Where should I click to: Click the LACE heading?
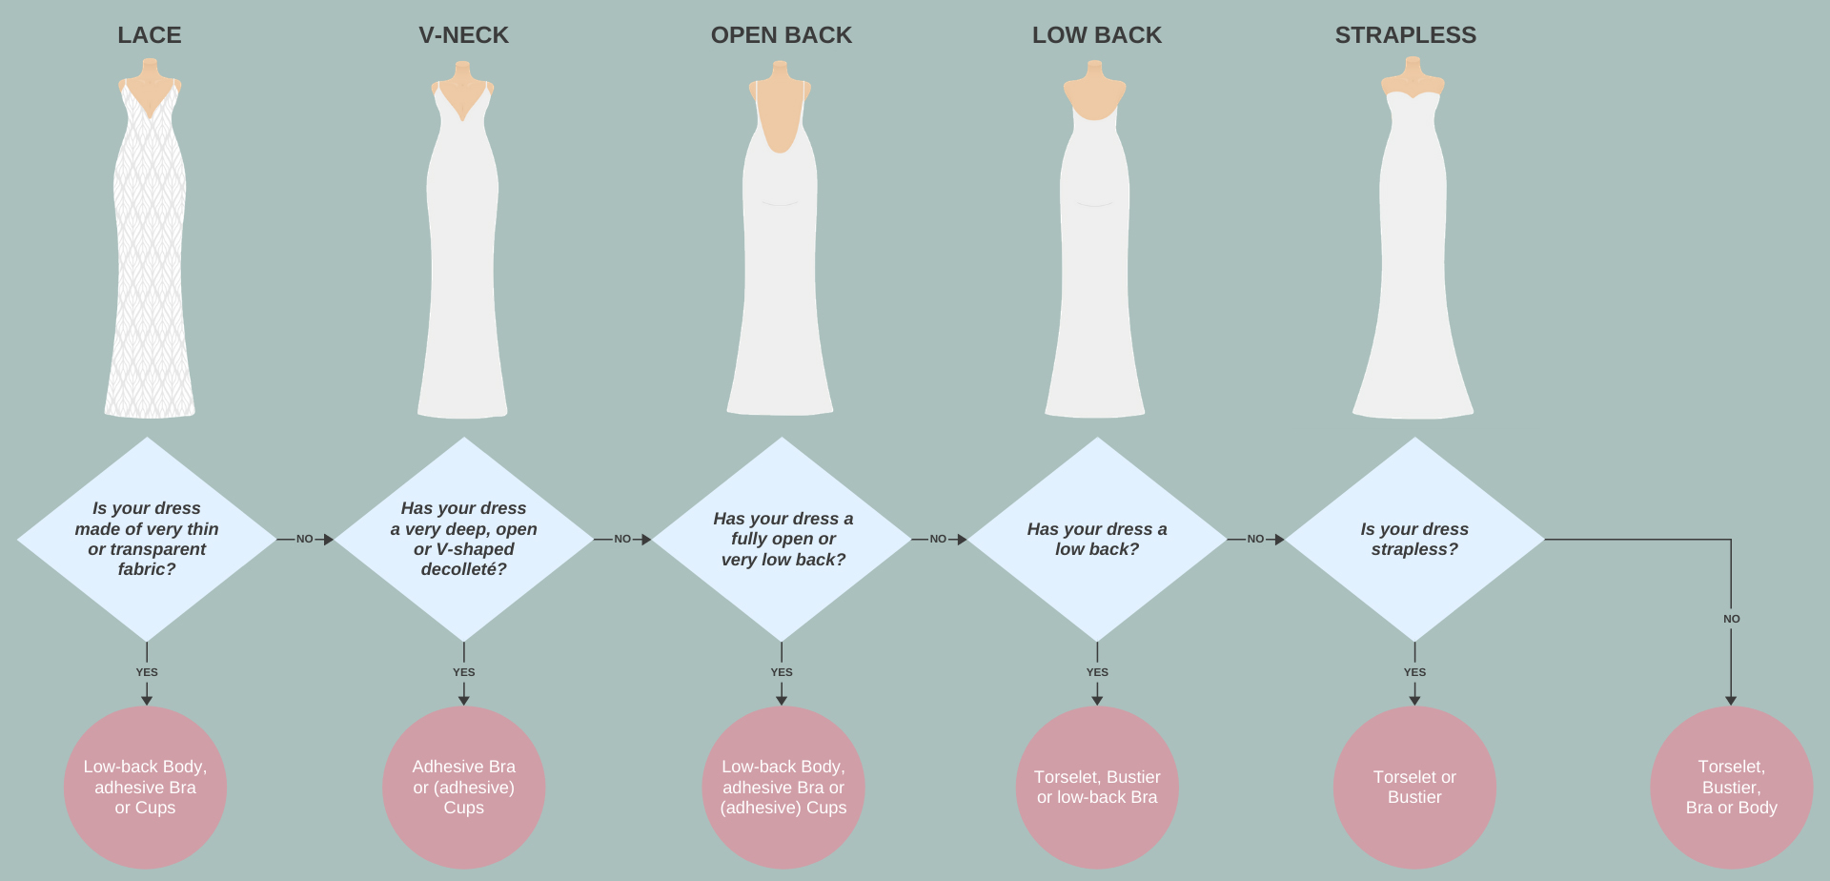[x=150, y=35]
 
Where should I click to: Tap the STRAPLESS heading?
[x=1405, y=35]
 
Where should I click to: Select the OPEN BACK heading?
[x=781, y=35]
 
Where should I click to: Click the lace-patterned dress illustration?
[x=150, y=257]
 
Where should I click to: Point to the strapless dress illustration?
[x=1413, y=257]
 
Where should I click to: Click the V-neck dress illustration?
[x=463, y=257]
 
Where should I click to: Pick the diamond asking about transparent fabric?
[x=147, y=539]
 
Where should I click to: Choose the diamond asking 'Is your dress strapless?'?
[x=1414, y=539]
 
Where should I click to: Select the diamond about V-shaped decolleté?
[x=463, y=539]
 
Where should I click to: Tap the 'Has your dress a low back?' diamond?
[x=1097, y=539]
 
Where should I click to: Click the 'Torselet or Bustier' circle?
[x=1414, y=787]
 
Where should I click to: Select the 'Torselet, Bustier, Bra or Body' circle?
[x=1731, y=787]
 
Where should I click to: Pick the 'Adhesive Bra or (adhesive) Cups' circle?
[x=463, y=787]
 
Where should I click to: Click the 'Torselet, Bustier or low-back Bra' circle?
[x=1097, y=787]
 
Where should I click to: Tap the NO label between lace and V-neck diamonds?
[x=304, y=540]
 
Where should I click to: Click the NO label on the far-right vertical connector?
[x=1731, y=619]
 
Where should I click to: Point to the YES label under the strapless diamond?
[x=1414, y=672]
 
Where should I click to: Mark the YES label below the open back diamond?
[x=782, y=672]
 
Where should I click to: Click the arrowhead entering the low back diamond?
[x=962, y=540]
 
